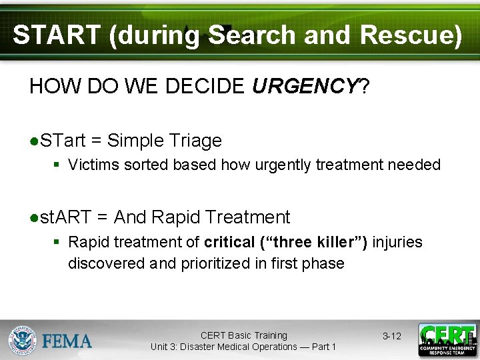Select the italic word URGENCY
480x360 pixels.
point(305,86)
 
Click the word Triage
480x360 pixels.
point(195,141)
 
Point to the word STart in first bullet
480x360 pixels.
point(63,141)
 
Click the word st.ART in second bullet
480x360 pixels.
point(65,217)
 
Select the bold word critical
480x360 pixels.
point(229,242)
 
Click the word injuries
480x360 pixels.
point(397,242)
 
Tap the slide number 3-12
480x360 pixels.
point(391,336)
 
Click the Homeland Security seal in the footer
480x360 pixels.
point(23,340)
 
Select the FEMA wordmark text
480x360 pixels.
point(67,341)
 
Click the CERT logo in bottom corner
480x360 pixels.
point(447,340)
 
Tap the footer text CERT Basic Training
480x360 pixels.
point(243,335)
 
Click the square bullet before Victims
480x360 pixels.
point(58,165)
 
